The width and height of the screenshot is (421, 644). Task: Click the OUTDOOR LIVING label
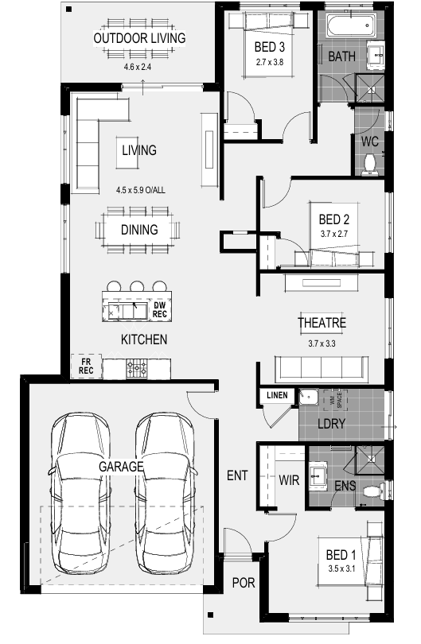139,38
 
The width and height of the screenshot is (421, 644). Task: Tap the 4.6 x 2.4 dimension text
138,67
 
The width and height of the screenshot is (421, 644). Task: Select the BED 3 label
270,47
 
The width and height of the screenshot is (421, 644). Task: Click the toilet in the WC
369,165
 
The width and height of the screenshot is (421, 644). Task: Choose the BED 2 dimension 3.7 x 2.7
334,234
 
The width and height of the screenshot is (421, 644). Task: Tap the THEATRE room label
322,323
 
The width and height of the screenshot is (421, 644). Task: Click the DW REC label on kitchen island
159,309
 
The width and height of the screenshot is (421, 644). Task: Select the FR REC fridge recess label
86,366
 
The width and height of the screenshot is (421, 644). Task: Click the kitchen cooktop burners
137,369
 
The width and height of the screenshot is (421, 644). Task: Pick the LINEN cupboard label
277,395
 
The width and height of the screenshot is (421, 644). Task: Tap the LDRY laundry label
331,424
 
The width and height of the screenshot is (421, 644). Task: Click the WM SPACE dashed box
336,400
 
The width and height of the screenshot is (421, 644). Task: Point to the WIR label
289,479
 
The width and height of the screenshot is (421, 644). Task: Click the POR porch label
244,583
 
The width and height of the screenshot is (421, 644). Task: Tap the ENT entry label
237,475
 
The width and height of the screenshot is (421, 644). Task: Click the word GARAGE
121,467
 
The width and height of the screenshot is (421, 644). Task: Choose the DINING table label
139,230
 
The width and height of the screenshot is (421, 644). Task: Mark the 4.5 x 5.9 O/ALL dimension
141,190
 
